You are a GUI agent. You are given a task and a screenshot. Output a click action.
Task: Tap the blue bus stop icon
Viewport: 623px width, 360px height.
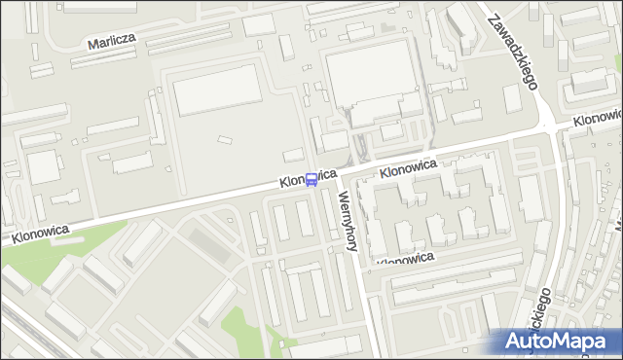coord(311,180)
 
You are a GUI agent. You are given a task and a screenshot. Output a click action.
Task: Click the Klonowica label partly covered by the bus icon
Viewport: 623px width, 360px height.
coord(307,178)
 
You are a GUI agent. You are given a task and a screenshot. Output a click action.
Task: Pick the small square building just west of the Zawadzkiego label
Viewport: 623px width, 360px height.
coord(512,98)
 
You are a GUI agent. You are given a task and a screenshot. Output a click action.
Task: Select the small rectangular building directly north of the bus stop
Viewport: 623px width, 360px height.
coord(293,155)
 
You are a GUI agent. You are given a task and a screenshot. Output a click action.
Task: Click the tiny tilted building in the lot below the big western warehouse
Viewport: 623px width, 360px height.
coord(225,142)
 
